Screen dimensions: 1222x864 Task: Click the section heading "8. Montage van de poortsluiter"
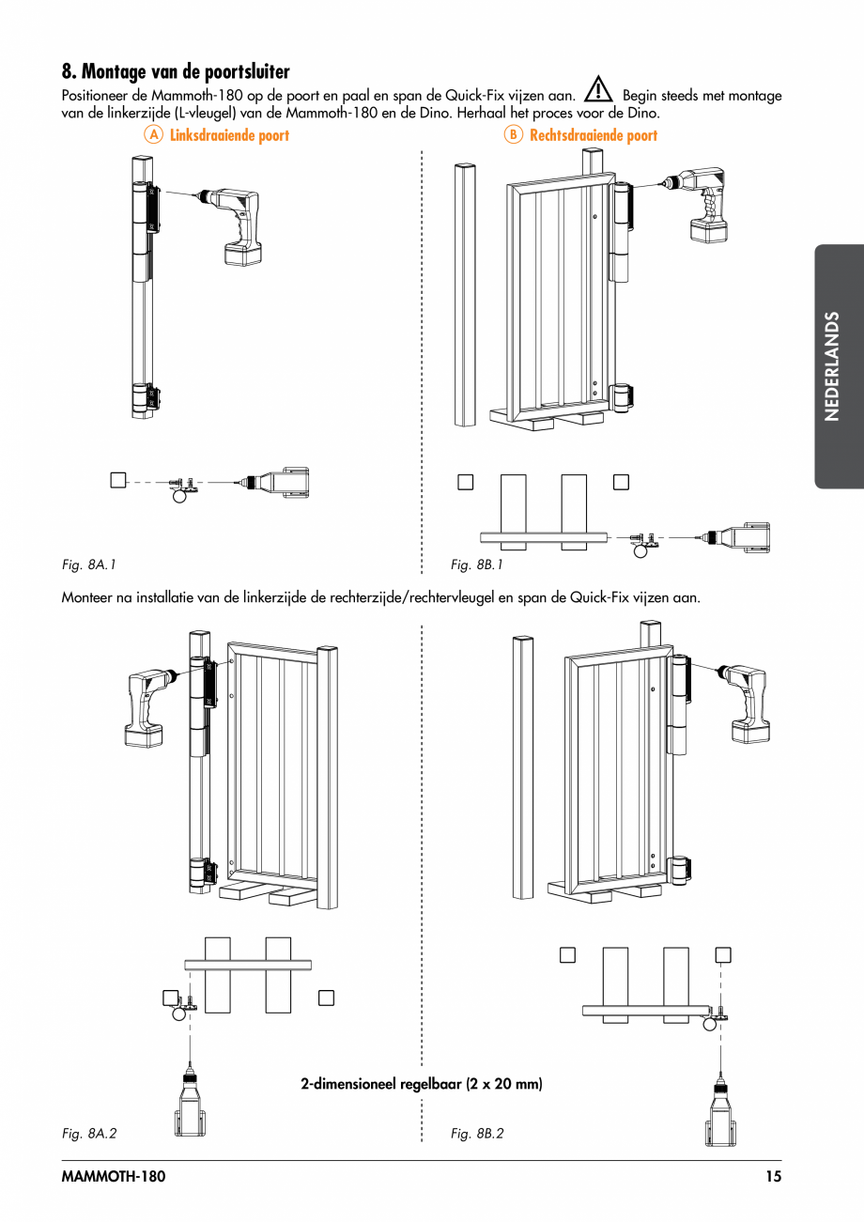176,71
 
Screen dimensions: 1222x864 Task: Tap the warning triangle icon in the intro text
598,91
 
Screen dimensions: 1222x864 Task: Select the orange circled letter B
513,135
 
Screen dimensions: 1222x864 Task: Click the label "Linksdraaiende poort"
229,135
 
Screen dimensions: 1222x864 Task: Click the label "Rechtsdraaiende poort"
594,135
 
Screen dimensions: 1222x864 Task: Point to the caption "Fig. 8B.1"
477,565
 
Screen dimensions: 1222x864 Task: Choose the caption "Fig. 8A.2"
89,1134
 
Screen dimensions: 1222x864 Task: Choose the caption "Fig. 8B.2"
477,1134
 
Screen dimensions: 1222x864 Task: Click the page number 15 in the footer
772,1176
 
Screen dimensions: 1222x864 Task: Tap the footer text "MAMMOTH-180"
106,1176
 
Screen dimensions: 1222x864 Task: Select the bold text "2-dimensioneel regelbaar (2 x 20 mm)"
422,1084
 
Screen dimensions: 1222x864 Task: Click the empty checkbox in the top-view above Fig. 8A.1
116,480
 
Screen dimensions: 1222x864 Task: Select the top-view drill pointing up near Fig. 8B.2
720,1113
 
